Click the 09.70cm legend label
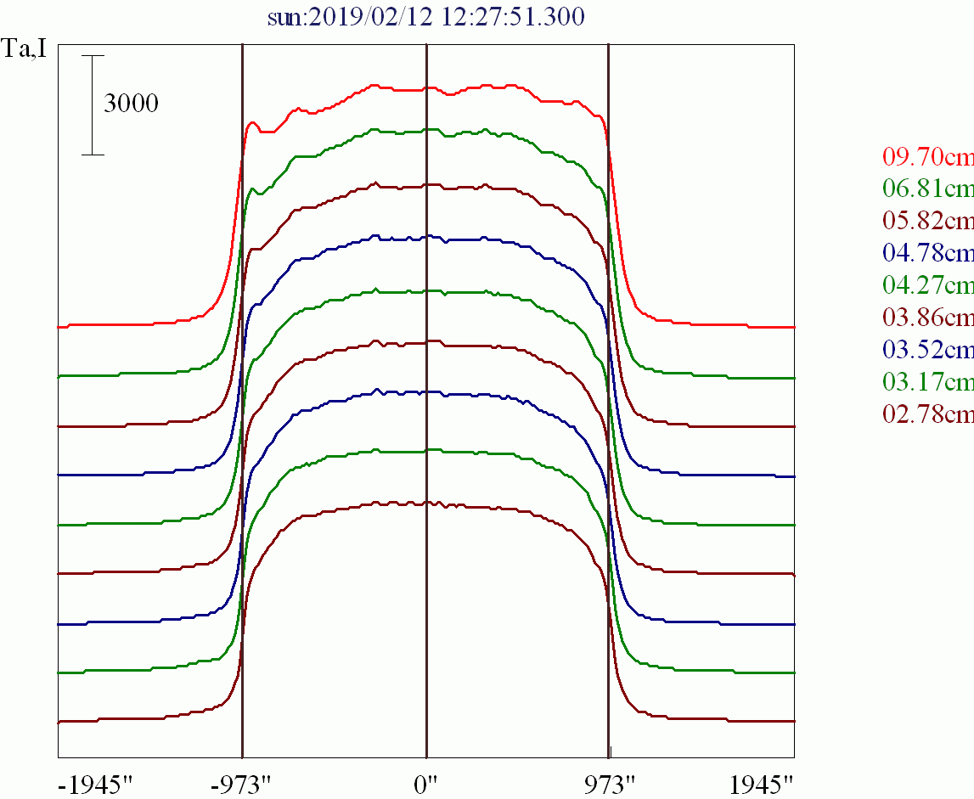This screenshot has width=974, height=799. point(927,157)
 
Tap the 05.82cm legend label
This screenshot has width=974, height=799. point(927,221)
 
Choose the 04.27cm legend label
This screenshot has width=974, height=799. point(927,285)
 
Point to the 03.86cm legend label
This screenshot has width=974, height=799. point(927,318)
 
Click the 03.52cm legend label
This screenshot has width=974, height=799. point(927,350)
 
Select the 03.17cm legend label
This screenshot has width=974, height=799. point(927,382)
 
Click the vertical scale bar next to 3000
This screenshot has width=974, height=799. point(93,105)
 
